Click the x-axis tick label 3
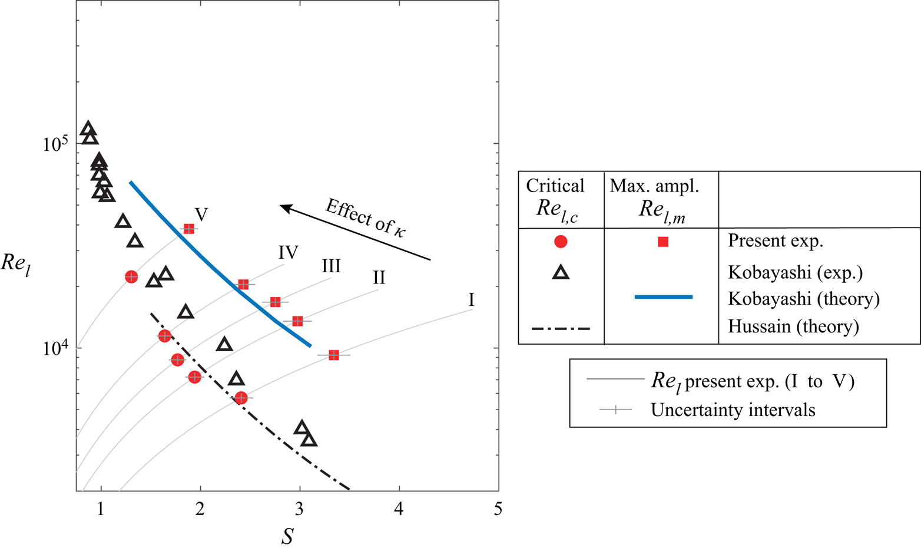[x=300, y=509]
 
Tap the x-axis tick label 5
[x=498, y=509]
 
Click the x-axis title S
[x=287, y=536]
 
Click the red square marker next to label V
[x=188, y=229]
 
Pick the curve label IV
[x=288, y=253]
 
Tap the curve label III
[x=331, y=266]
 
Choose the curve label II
[x=379, y=277]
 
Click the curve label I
[x=471, y=300]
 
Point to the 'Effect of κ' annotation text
[x=366, y=218]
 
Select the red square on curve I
[x=334, y=355]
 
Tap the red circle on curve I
[x=241, y=398]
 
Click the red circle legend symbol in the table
[x=561, y=242]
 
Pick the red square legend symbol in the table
[x=662, y=242]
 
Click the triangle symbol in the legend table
[x=561, y=272]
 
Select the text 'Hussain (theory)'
[x=793, y=326]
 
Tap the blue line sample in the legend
[x=663, y=297]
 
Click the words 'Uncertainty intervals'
[x=733, y=410]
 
